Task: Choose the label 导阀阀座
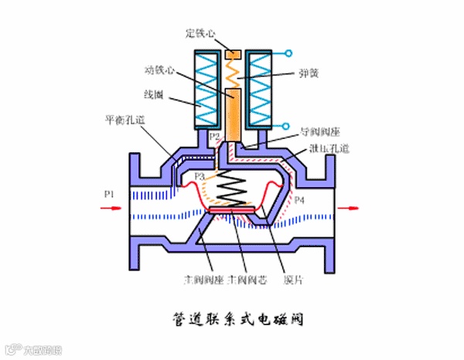(317, 132)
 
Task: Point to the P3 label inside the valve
(200, 177)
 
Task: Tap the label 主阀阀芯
(244, 278)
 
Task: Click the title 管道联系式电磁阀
(231, 318)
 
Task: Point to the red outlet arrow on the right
(350, 206)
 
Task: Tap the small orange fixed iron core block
(233, 55)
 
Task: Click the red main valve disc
(233, 209)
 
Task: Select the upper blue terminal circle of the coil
(288, 53)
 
